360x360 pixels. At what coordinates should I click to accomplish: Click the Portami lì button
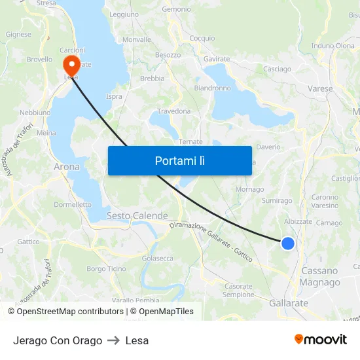[x=179, y=160]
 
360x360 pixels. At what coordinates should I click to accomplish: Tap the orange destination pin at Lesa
[x=71, y=65]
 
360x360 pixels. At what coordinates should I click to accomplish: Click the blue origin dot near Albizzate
[x=287, y=243]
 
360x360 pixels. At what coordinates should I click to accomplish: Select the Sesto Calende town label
[x=137, y=215]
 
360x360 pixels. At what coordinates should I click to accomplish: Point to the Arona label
[x=67, y=167]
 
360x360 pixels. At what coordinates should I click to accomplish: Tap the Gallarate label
[x=288, y=303]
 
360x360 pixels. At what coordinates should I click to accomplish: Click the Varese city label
[x=319, y=88]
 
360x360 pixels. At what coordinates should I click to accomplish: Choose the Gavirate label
[x=217, y=59]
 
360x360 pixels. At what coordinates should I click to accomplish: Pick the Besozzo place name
[x=168, y=55]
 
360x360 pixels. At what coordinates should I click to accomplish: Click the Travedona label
[x=173, y=111]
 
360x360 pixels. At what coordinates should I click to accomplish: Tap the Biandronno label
[x=212, y=88]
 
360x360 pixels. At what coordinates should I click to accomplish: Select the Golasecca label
[x=158, y=258]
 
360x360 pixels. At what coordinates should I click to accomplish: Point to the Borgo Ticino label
[x=106, y=268]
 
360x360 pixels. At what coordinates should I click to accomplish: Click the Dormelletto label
[x=73, y=204]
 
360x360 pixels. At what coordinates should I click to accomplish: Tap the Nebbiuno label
[x=35, y=112]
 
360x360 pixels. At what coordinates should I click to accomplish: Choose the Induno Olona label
[x=333, y=46]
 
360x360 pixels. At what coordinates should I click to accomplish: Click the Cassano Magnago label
[x=319, y=276]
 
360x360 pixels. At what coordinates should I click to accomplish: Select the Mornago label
[x=249, y=189]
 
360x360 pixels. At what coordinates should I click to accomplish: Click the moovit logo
[x=320, y=340]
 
